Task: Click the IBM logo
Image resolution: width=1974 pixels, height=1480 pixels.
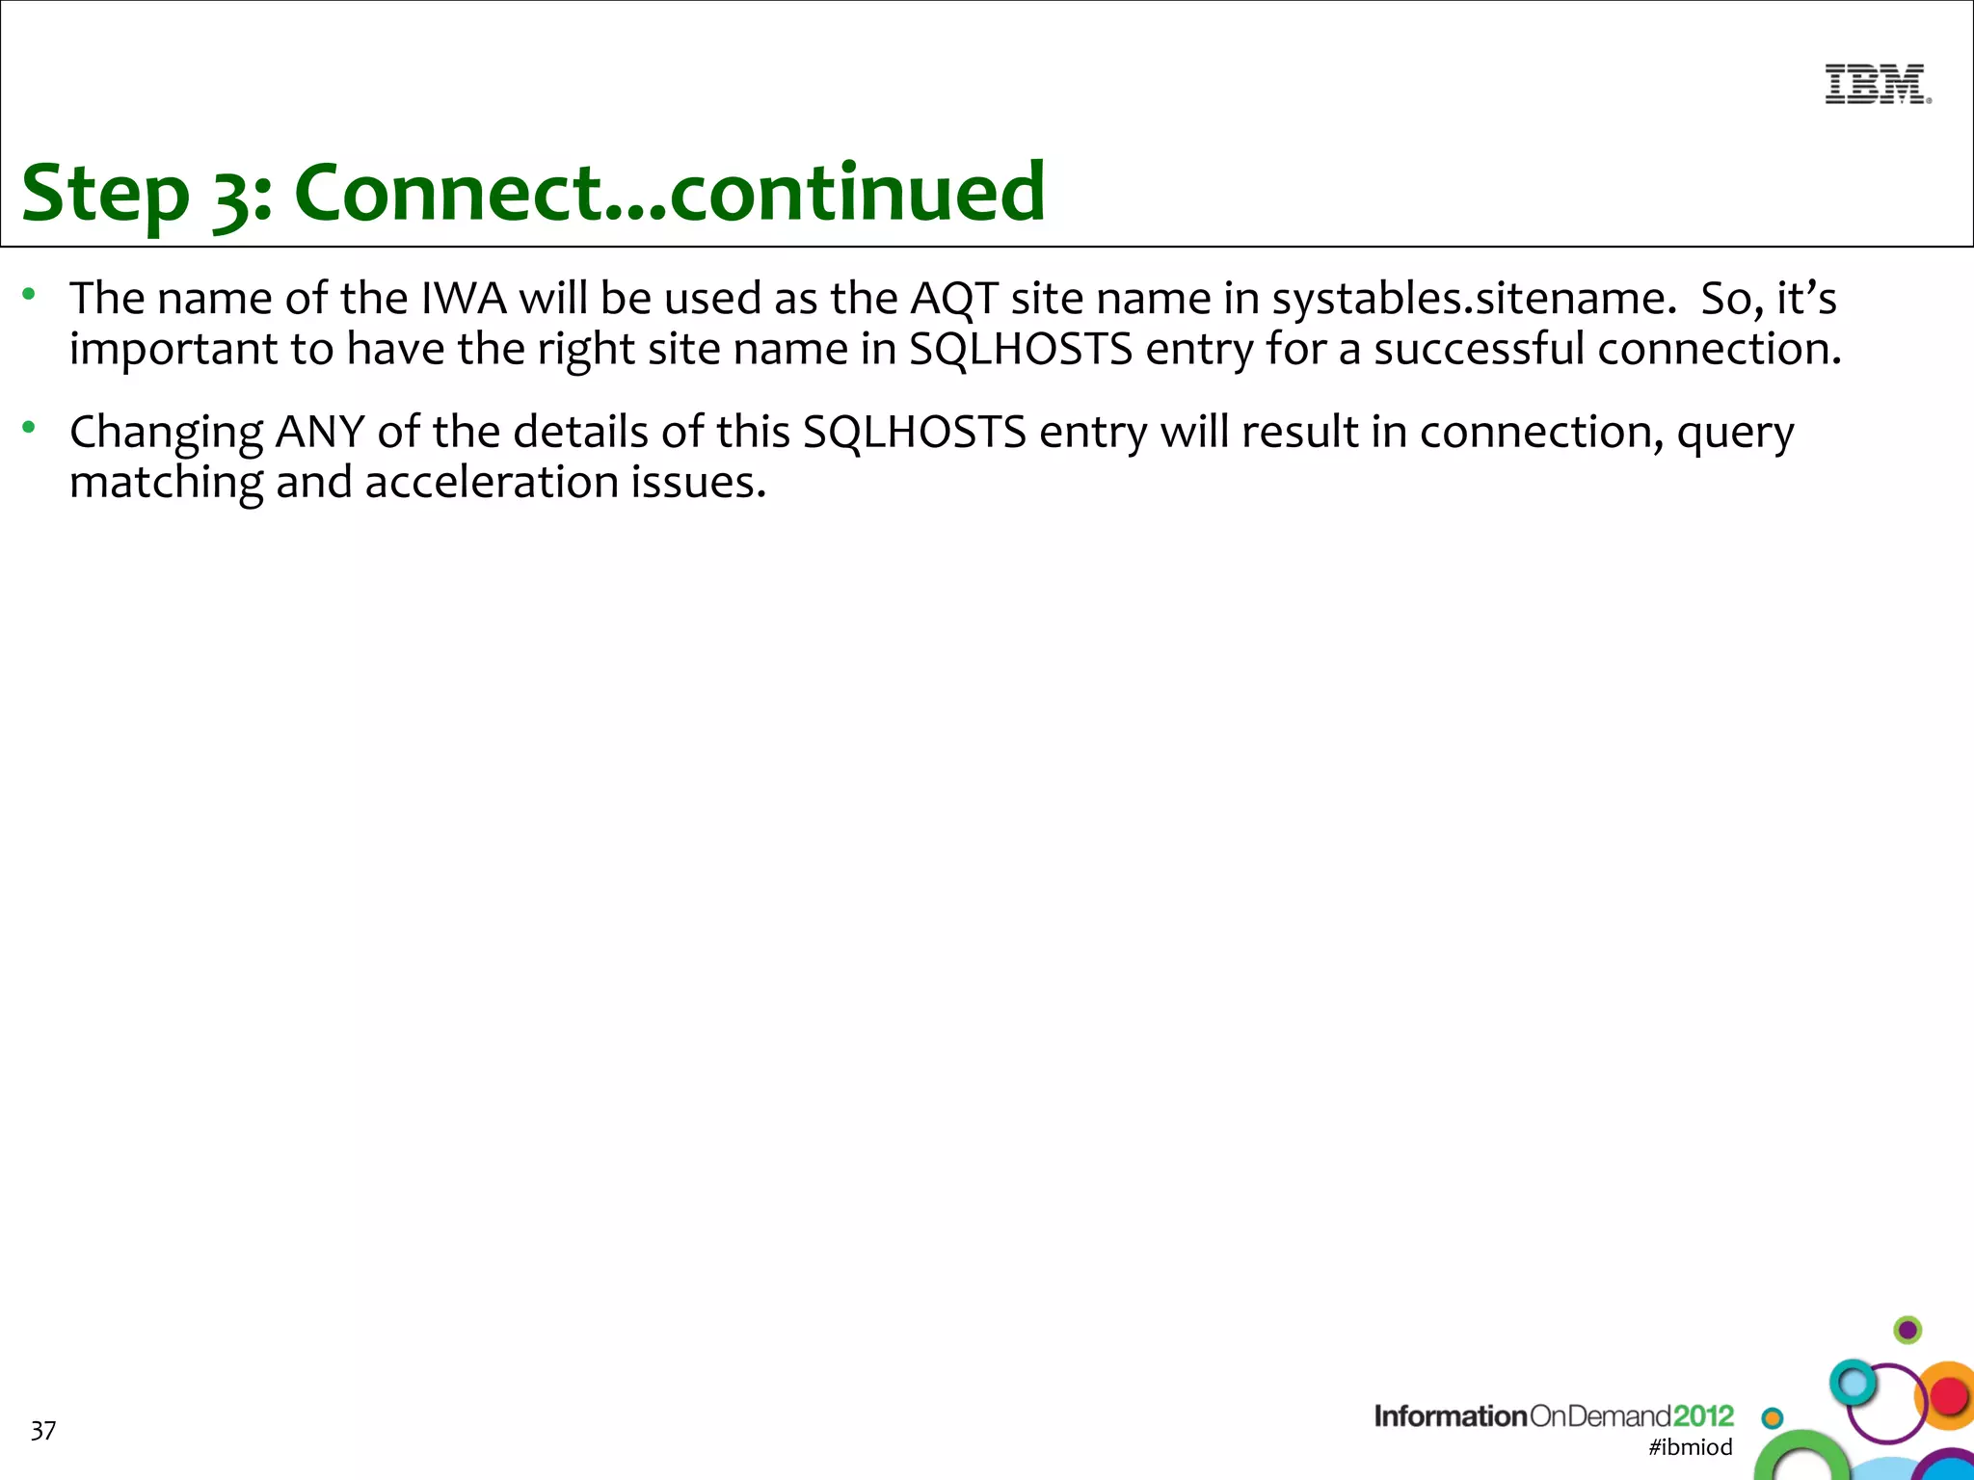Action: (1877, 84)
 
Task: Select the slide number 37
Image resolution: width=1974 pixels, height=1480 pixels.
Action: (43, 1431)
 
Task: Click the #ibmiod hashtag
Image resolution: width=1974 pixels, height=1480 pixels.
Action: (1691, 1446)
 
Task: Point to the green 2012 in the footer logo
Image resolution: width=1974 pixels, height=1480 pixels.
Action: (1703, 1415)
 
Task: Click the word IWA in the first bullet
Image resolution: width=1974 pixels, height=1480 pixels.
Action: (464, 298)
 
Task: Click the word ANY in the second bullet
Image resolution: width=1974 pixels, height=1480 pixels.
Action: (319, 432)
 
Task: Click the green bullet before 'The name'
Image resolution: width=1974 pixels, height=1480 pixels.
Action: (30, 293)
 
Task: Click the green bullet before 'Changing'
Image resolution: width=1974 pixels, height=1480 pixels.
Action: (30, 427)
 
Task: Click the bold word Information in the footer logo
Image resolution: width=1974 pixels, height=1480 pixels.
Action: (1451, 1415)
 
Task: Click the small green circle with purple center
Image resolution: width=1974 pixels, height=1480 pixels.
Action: (1907, 1331)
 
